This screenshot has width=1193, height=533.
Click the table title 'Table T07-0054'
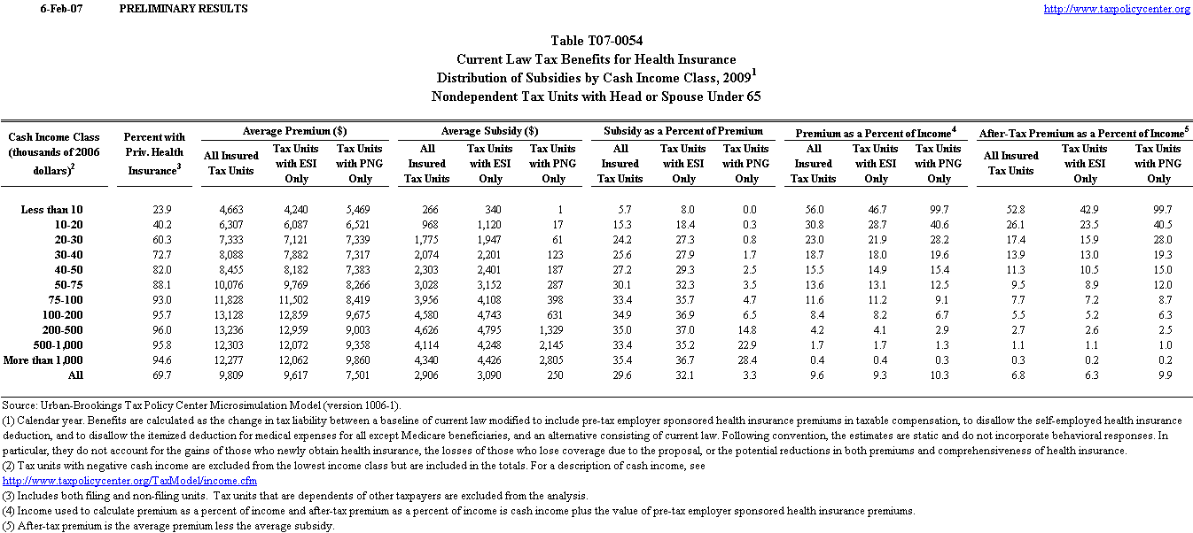(x=596, y=41)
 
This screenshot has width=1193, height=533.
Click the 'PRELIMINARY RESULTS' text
(x=183, y=9)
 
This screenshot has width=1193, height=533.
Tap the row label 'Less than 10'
(x=51, y=209)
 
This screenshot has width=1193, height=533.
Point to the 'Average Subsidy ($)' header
(x=490, y=130)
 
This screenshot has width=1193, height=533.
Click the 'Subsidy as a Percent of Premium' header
(x=683, y=130)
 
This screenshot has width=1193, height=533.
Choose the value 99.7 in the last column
(x=1158, y=209)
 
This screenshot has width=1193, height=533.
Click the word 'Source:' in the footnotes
(x=20, y=404)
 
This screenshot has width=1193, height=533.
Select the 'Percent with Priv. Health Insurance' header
(x=154, y=153)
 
